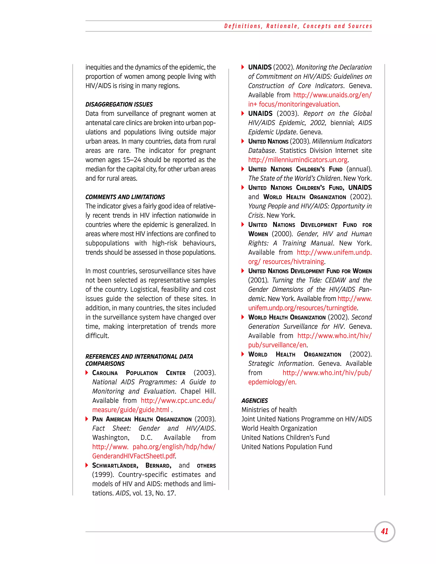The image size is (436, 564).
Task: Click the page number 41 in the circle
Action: point(384,531)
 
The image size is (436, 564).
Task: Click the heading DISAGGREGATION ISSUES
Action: point(119,104)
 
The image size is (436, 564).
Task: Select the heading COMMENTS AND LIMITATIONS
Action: point(125,197)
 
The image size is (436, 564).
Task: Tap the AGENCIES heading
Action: point(254,401)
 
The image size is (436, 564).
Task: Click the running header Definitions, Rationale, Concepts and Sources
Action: point(298,26)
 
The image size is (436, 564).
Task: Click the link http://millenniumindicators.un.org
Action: point(298,160)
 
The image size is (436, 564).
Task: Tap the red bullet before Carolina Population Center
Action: point(87,373)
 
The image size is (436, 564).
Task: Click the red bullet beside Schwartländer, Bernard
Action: point(87,465)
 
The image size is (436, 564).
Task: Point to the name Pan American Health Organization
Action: point(142,419)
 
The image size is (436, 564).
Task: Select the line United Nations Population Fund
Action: point(287,447)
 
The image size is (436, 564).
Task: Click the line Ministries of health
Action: point(269,410)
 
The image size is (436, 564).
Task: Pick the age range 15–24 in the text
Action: point(132,160)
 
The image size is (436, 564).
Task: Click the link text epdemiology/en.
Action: point(272,382)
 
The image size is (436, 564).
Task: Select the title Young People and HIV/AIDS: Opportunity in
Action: point(310,206)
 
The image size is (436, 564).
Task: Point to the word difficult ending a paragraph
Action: point(97,336)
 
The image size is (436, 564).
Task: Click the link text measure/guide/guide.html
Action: point(131,410)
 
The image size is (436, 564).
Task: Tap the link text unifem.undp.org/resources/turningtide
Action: point(303,308)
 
